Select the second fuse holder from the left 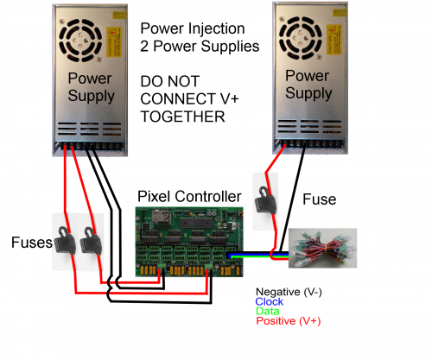point(90,245)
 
